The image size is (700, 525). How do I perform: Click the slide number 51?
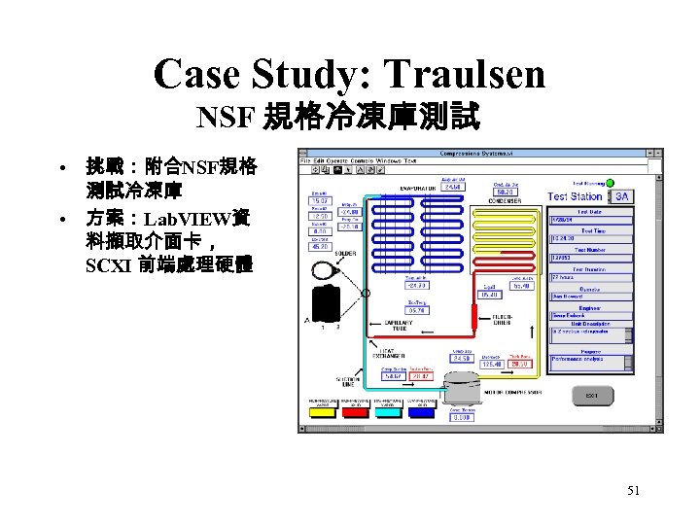633,491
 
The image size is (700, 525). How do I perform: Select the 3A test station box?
621,195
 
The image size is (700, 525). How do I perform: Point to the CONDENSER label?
507,201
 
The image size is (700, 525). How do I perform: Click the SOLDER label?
346,253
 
